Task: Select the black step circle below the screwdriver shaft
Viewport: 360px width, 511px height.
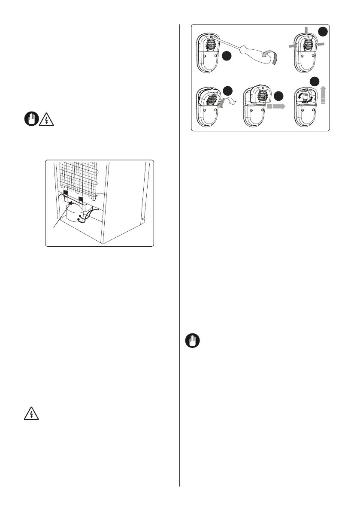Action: click(x=227, y=56)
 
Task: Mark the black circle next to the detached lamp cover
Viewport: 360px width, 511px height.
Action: click(x=279, y=95)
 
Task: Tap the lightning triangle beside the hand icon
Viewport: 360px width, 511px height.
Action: click(x=45, y=120)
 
